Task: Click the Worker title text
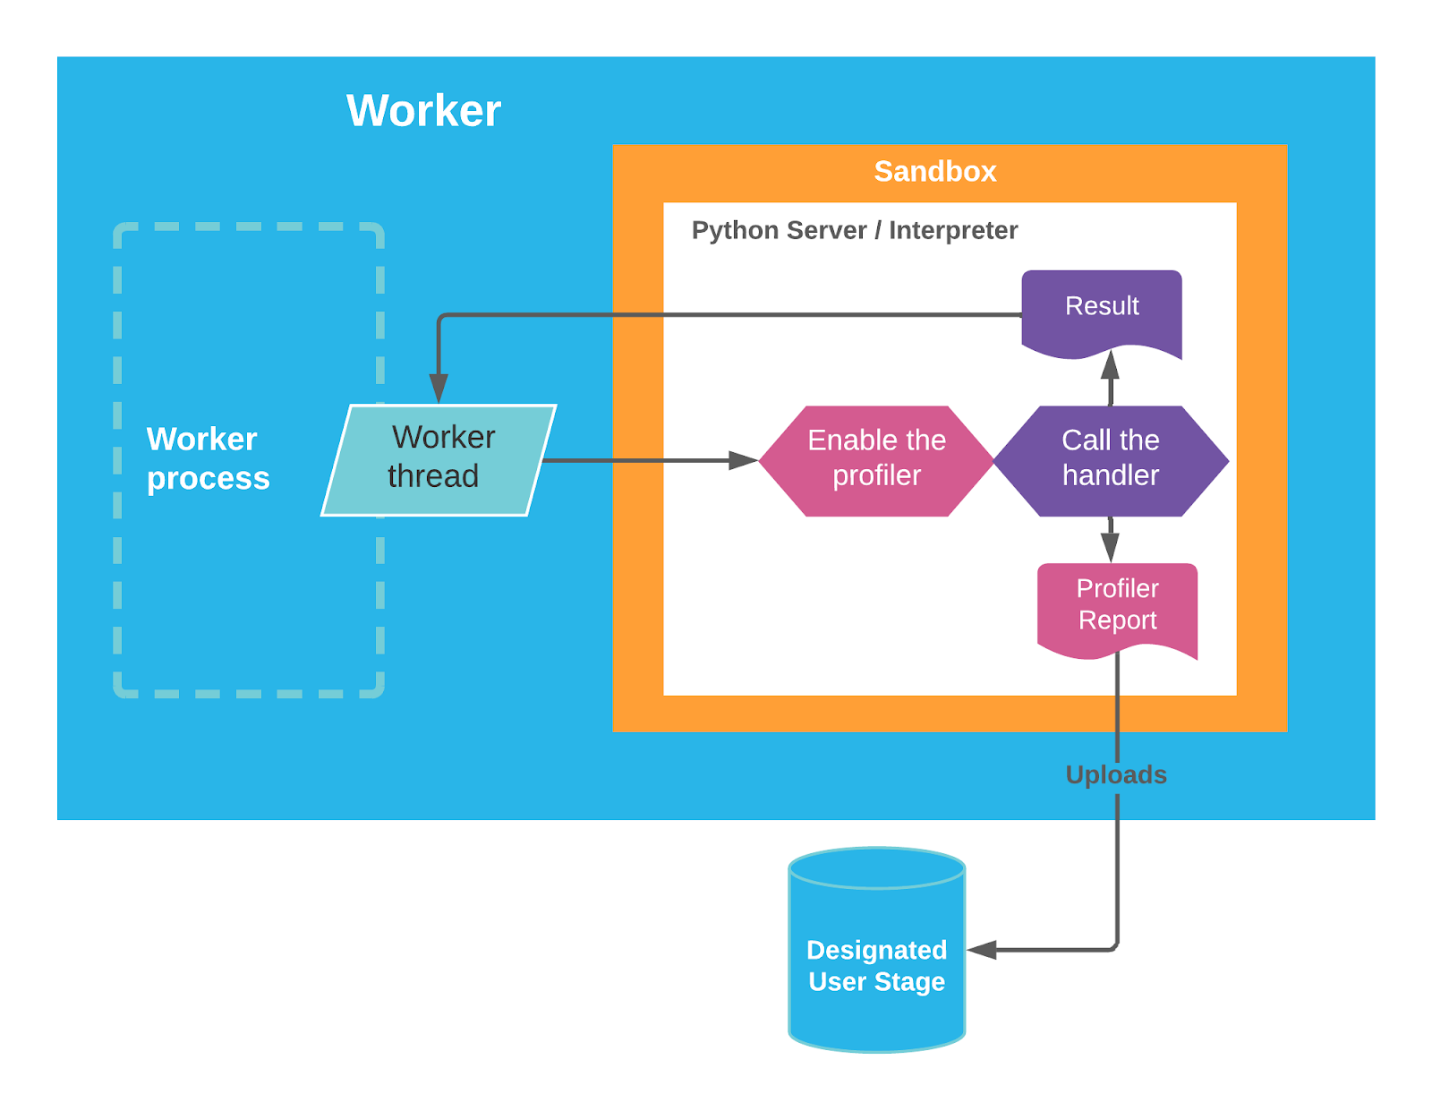pos(423,111)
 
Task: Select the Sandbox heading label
pos(934,171)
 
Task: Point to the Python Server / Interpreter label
pos(854,230)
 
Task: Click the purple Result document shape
pos(1102,309)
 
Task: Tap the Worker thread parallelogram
pos(439,459)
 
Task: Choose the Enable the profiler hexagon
pos(876,460)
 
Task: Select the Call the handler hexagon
pos(1110,460)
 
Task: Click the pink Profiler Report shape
pos(1117,606)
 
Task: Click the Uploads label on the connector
pos(1115,774)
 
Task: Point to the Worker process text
pos(208,458)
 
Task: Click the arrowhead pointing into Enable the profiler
pos(745,460)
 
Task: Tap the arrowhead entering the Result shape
pos(1110,364)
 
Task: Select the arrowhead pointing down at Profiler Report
pos(1110,548)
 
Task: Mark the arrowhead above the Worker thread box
pos(439,388)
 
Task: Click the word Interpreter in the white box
pos(952,230)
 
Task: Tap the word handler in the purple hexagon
pos(1110,475)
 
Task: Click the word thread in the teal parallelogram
pos(433,476)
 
